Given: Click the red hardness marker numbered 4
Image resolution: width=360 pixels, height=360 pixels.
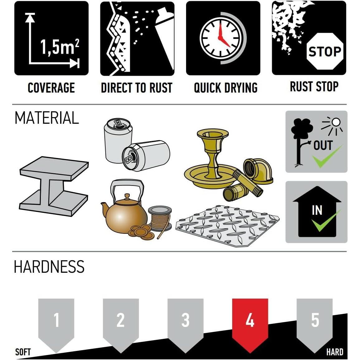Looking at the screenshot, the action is [x=250, y=324].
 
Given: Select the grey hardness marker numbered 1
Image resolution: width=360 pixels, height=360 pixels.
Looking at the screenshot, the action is [x=56, y=324].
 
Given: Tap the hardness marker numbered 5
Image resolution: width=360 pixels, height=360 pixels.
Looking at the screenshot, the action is [x=315, y=324].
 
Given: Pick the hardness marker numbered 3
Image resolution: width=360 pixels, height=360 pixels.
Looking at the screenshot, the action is [x=185, y=324].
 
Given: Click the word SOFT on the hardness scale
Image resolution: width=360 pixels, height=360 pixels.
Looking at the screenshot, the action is [x=23, y=352].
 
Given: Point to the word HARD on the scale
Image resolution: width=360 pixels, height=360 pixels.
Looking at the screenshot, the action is [x=335, y=352].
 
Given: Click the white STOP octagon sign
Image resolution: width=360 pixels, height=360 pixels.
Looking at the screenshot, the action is [x=325, y=51].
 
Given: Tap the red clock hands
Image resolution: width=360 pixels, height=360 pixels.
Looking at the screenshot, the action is [x=223, y=36].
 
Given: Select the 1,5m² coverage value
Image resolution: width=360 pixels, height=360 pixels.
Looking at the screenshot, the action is [x=60, y=47].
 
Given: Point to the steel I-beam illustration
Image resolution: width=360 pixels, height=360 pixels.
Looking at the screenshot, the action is [x=54, y=186].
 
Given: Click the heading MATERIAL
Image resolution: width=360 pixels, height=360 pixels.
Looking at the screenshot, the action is [x=47, y=118].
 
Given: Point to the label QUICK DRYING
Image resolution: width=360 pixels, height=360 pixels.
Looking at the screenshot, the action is [x=226, y=88].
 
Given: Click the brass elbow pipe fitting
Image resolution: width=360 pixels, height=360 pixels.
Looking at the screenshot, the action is [x=258, y=170].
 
